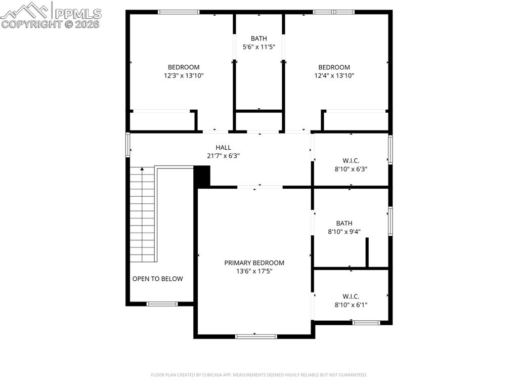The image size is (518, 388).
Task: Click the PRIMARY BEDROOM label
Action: click(x=254, y=263)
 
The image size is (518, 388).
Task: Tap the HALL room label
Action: click(x=223, y=147)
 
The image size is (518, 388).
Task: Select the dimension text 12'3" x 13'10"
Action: click(x=183, y=75)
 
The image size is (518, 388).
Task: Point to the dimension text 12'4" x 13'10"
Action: click(x=334, y=75)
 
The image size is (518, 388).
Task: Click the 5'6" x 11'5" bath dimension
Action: click(x=258, y=47)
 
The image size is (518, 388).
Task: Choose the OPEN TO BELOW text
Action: click(x=157, y=279)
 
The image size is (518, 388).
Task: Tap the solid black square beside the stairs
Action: click(x=202, y=177)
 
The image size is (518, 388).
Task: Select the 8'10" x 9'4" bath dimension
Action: click(x=344, y=232)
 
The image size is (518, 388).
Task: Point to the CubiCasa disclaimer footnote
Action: click(x=258, y=375)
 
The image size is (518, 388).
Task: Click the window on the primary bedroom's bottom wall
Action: click(x=256, y=336)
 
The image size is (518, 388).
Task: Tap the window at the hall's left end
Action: click(x=128, y=145)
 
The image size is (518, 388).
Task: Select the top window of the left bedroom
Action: click(x=179, y=12)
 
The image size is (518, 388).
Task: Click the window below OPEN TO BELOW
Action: click(x=162, y=304)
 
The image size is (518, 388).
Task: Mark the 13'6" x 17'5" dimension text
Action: click(x=254, y=271)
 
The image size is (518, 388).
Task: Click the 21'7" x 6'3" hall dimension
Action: click(x=223, y=156)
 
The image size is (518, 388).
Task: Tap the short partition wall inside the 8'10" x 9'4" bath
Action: click(x=367, y=252)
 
